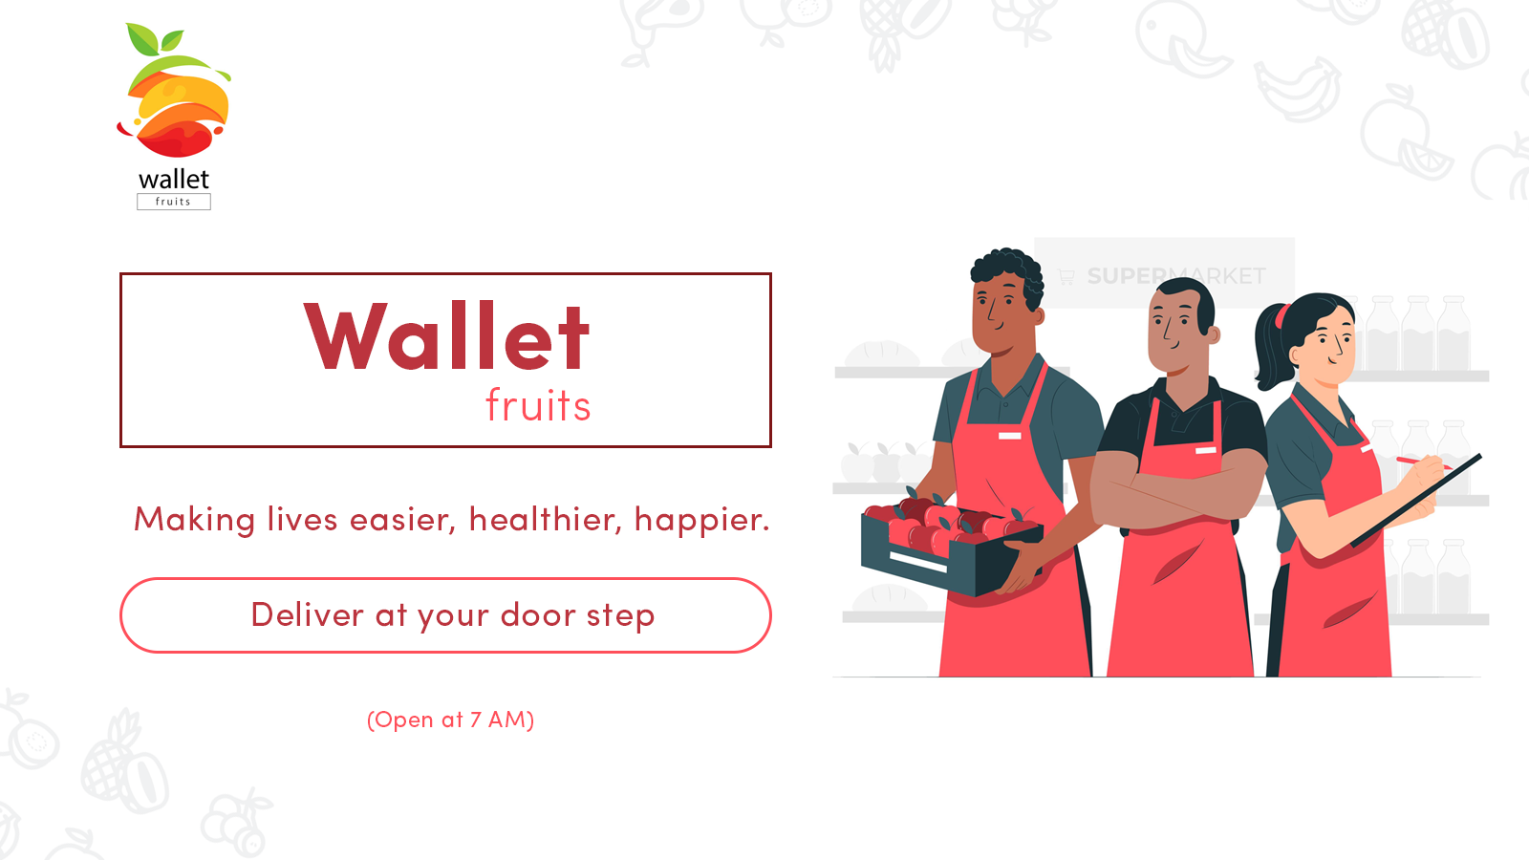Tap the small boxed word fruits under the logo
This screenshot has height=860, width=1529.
tap(173, 202)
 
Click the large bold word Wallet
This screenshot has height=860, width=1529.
tap(446, 335)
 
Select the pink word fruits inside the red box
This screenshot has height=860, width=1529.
tap(538, 405)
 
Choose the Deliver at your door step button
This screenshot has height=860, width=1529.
tap(445, 615)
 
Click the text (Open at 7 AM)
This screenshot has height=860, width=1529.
tap(450, 720)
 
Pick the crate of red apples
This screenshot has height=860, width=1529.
tap(952, 546)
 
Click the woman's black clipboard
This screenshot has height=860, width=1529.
tap(1416, 501)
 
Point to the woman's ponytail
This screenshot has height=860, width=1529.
tap(1272, 348)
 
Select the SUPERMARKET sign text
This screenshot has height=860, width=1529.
tap(1176, 276)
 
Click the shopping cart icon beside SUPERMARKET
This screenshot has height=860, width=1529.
tap(1066, 276)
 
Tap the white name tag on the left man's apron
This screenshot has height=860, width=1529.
tap(1009, 436)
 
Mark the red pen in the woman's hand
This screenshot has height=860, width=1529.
tap(1423, 462)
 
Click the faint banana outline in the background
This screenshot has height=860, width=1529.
tap(1296, 89)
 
